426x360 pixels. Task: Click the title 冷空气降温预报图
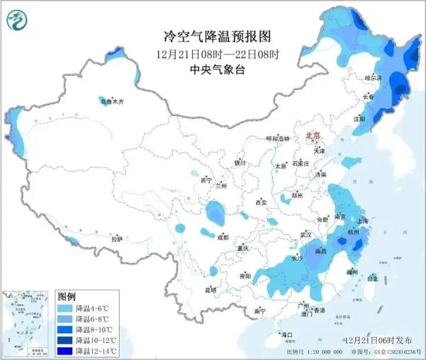(x=217, y=37)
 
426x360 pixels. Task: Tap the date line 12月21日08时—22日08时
(x=217, y=54)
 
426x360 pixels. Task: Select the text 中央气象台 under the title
(x=217, y=69)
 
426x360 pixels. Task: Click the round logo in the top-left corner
(x=17, y=21)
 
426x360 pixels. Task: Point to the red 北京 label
(x=312, y=136)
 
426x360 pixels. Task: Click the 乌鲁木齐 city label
(x=112, y=102)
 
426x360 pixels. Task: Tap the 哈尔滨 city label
(x=373, y=77)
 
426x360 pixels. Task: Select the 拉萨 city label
(x=117, y=239)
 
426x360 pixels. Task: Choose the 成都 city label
(x=222, y=237)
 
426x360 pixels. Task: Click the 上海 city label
(x=362, y=220)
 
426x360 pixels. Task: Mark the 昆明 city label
(x=210, y=290)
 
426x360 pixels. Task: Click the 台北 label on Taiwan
(x=373, y=278)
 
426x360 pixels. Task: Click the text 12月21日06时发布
(x=377, y=341)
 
